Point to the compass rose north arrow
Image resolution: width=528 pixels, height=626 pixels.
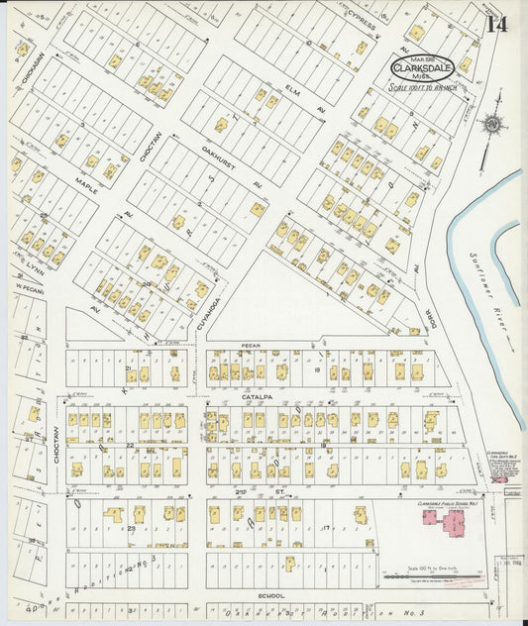pyautogui.click(x=490, y=125)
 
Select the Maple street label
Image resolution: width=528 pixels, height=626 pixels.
pyautogui.click(x=86, y=185)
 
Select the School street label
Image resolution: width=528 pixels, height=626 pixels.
pyautogui.click(x=271, y=596)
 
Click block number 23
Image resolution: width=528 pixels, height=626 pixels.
pyautogui.click(x=131, y=529)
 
